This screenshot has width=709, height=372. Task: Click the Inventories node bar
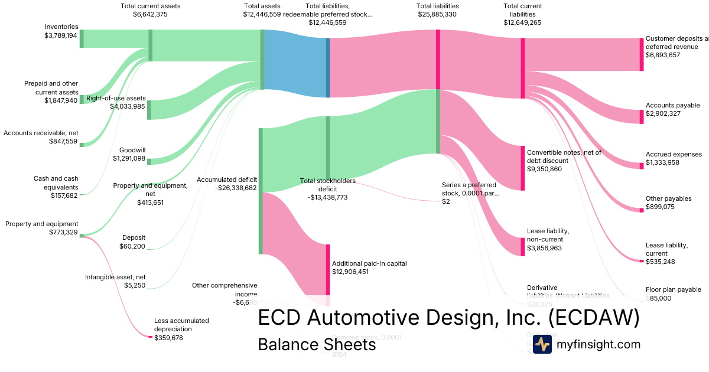coord(82,38)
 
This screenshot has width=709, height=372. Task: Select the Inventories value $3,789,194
coord(61,35)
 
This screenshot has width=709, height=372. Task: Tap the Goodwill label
coord(132,150)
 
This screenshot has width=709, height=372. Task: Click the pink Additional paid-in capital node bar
coord(328,269)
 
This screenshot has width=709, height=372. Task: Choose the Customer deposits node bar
coord(642,54)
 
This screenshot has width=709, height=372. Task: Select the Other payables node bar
coord(642,210)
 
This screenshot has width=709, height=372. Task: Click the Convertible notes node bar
coord(523,168)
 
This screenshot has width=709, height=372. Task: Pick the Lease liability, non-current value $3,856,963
coord(544,249)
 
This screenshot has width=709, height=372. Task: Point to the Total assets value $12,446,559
coord(262,14)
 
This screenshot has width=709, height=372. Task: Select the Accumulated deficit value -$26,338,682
coord(227,188)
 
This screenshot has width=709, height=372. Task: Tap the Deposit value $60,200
coord(132,246)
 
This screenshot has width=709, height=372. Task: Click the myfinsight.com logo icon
coord(542,344)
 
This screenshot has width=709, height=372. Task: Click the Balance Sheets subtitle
coord(317,344)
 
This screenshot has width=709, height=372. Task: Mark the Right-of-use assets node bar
coord(149,110)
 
